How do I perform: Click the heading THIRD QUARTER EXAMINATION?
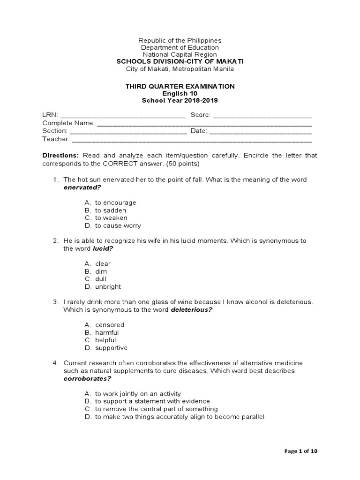click(180, 86)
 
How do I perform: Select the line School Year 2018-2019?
click(180, 100)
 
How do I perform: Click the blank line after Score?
click(262, 116)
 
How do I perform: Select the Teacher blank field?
click(192, 139)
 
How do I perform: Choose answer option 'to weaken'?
click(111, 218)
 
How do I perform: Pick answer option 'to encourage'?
click(115, 202)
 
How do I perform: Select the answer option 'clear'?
click(103, 264)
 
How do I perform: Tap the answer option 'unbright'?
click(108, 287)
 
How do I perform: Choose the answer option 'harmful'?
click(107, 332)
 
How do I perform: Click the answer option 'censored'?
click(110, 325)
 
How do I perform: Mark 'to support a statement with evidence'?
click(152, 401)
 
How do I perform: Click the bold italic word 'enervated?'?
click(82, 187)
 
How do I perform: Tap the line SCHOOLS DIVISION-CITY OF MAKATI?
click(180, 62)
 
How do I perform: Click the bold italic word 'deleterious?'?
click(189, 310)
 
